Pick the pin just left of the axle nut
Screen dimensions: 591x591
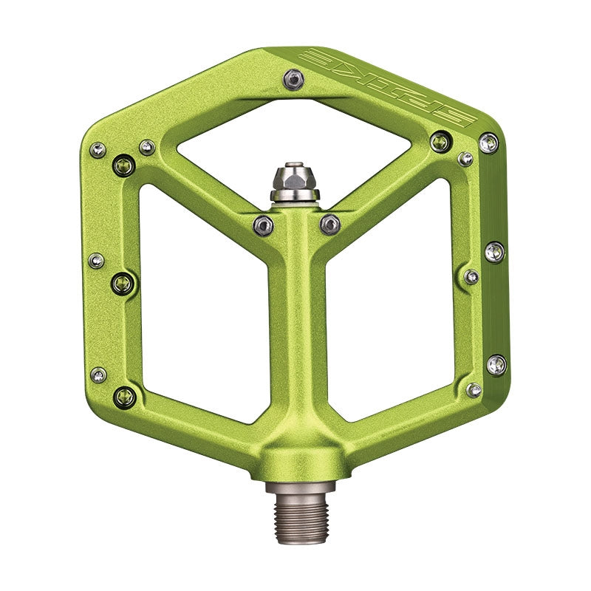(263, 225)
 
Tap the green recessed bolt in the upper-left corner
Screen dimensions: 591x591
(124, 165)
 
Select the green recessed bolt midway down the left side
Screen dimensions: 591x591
(123, 281)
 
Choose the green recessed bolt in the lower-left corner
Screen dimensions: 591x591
(124, 397)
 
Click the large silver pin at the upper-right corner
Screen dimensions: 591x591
(488, 143)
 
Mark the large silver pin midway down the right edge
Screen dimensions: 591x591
(494, 252)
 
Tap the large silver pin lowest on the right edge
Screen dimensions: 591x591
(496, 364)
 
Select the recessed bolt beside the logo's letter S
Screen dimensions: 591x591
(440, 141)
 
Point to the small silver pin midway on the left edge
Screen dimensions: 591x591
(96, 260)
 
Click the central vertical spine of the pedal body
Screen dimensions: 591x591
(296, 332)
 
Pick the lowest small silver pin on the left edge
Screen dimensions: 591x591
(98, 375)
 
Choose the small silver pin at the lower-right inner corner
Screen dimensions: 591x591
(474, 389)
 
